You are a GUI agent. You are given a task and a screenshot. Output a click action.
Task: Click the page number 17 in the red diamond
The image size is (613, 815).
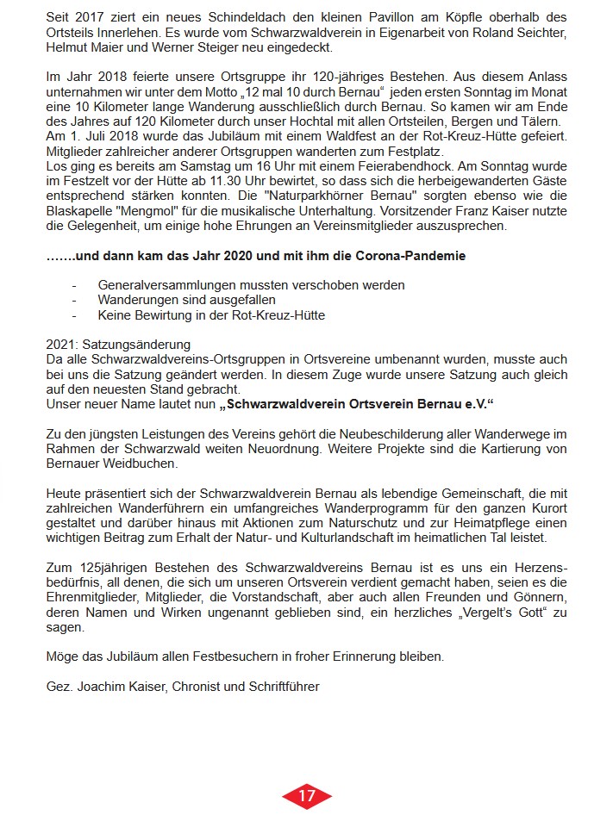(306, 796)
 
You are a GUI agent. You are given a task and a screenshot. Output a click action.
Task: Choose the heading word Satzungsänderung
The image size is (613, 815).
(138, 345)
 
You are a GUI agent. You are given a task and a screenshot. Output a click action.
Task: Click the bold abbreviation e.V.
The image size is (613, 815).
(486, 403)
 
